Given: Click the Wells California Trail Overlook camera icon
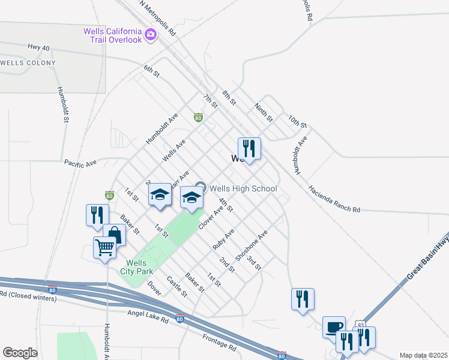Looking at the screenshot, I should coord(150,35).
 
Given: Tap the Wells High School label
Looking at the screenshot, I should coord(243,188).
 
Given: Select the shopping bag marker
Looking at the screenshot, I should coord(114,235).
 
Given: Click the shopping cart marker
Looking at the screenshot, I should coord(104,247).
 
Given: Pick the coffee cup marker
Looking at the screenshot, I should coord(334,327).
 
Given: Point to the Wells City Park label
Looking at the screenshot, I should coord(136,267).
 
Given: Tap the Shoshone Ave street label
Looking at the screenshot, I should coord(251,247).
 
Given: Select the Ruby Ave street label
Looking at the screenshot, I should coord(223,239).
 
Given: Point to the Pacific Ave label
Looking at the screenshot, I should coord(80,163).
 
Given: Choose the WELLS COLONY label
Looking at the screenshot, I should coord(28,63).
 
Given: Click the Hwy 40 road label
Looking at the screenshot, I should coord(38,47).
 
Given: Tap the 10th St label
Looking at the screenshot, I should coord(297,122).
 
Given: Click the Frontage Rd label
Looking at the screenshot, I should coord(219,343).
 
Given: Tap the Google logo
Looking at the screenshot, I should coord(20,353).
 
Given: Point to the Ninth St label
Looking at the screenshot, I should coord(264,109).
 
